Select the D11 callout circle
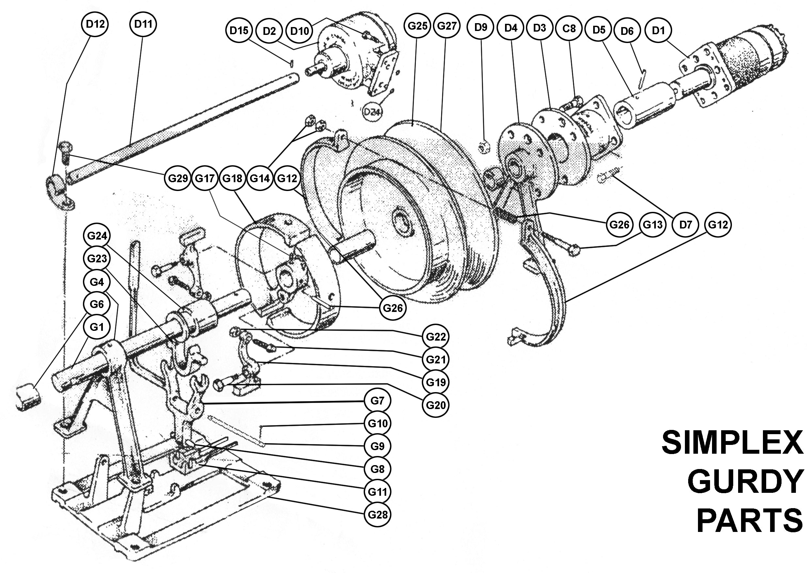pyautogui.click(x=143, y=24)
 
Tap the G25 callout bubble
pyautogui.click(x=417, y=26)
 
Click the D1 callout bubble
pyautogui.click(x=658, y=30)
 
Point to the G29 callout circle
pyautogui.click(x=177, y=178)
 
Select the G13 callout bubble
pyautogui.click(x=652, y=224)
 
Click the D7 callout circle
pyautogui.click(x=685, y=224)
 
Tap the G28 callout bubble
pyautogui.click(x=378, y=514)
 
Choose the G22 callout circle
pyautogui.click(x=435, y=337)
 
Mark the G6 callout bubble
pyautogui.click(x=96, y=304)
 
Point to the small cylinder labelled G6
pyautogui.click(x=28, y=397)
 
